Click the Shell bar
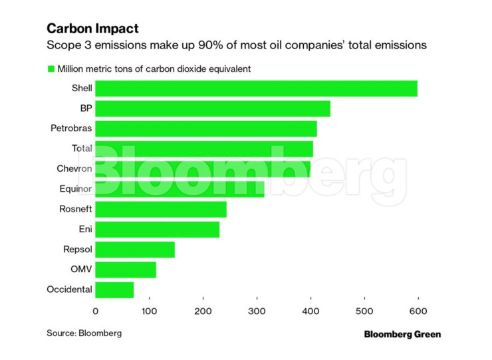[x=256, y=89]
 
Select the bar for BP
[x=213, y=108]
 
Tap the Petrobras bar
[x=206, y=129]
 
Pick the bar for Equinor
[x=180, y=189]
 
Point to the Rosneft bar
[x=161, y=209]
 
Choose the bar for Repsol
[x=135, y=250]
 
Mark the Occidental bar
[x=114, y=289]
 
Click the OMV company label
[x=81, y=270]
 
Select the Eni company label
[x=85, y=230]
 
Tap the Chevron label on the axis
[x=74, y=169]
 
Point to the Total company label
[x=82, y=149]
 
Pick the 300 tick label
[x=257, y=311]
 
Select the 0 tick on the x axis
[x=96, y=311]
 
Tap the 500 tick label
[x=364, y=311]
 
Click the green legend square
[x=50, y=69]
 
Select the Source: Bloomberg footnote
[x=84, y=333]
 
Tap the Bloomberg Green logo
[x=402, y=334]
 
